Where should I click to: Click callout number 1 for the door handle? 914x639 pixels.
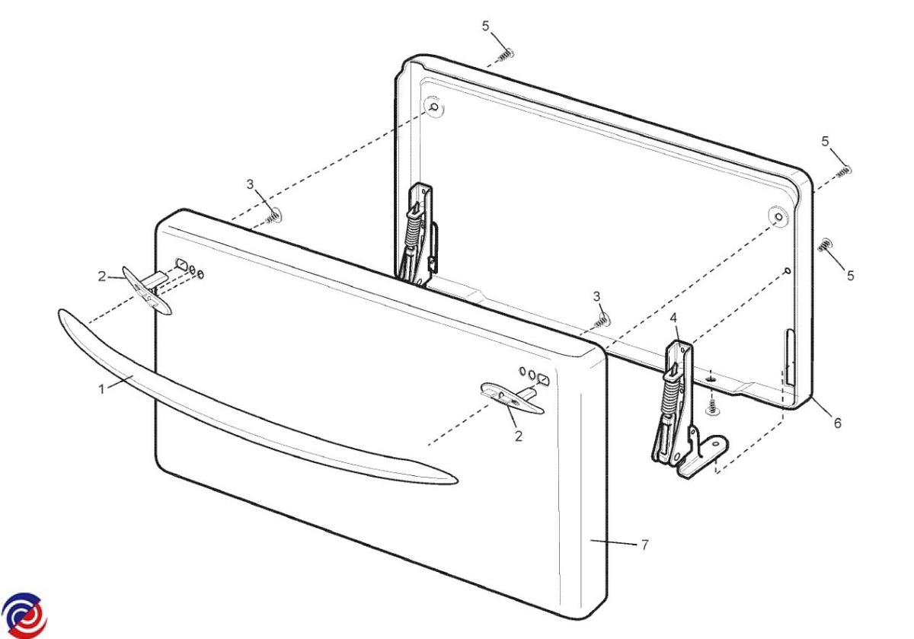(x=101, y=389)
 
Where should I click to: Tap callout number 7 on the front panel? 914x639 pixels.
(x=644, y=545)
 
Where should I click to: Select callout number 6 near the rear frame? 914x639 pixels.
(x=838, y=423)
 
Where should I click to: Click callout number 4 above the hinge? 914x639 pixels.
(x=673, y=318)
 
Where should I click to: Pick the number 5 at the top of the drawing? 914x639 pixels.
(x=485, y=26)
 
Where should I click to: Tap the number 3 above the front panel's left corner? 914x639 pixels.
(x=250, y=184)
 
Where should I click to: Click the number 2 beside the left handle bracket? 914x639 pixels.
(x=102, y=276)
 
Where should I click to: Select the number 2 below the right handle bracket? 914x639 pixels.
(x=519, y=436)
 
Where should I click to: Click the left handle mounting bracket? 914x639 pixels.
(x=146, y=289)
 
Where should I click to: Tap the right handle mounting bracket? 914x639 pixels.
(x=512, y=397)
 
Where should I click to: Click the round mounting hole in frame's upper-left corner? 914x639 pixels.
(x=435, y=107)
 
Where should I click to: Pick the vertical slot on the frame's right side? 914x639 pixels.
(x=790, y=358)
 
